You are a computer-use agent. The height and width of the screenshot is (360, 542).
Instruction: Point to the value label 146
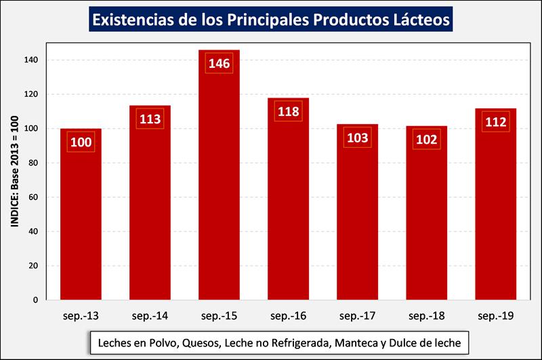(219, 64)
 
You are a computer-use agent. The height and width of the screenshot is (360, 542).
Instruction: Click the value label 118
(289, 111)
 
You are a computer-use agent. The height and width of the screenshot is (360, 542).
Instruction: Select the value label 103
(357, 138)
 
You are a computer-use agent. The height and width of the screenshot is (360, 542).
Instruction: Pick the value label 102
(426, 140)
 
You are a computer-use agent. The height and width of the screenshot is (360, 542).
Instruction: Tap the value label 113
(150, 119)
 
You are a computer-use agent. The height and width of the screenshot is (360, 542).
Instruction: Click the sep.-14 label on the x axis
(150, 316)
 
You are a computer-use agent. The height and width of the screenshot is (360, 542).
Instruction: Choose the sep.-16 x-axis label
(288, 316)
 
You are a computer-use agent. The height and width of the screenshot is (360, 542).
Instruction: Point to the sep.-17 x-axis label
(357, 316)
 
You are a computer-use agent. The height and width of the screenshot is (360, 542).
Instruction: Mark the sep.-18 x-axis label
(426, 316)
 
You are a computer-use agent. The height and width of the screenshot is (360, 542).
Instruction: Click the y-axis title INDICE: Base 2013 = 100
(14, 180)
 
